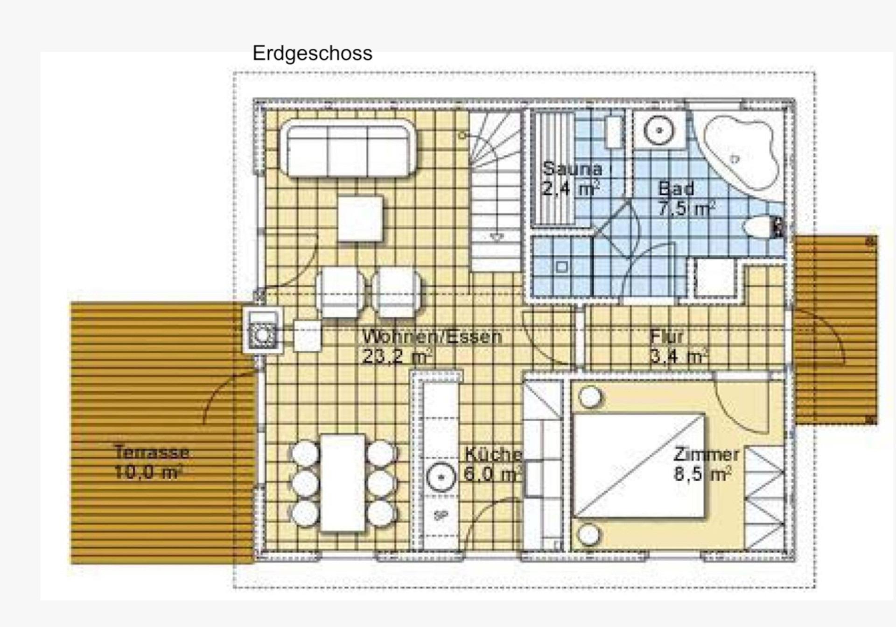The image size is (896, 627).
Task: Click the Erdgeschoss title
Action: (x=312, y=53)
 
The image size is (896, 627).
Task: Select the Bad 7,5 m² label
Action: (x=686, y=199)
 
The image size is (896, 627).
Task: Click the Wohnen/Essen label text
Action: (x=432, y=336)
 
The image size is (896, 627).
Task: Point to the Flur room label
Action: (x=667, y=336)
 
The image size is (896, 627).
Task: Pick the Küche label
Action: (x=493, y=454)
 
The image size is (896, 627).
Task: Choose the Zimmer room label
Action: (x=706, y=454)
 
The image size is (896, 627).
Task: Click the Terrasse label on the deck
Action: (x=152, y=452)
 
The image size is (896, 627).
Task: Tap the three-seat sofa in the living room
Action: (x=348, y=148)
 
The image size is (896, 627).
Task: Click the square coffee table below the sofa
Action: (x=360, y=219)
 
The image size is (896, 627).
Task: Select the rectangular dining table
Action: (x=343, y=483)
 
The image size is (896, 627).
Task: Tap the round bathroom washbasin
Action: (x=659, y=129)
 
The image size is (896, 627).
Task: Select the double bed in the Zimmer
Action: (x=639, y=466)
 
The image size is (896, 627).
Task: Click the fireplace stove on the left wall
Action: (x=262, y=330)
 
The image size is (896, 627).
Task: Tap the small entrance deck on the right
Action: (x=836, y=330)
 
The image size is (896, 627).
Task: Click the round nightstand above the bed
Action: (x=590, y=397)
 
